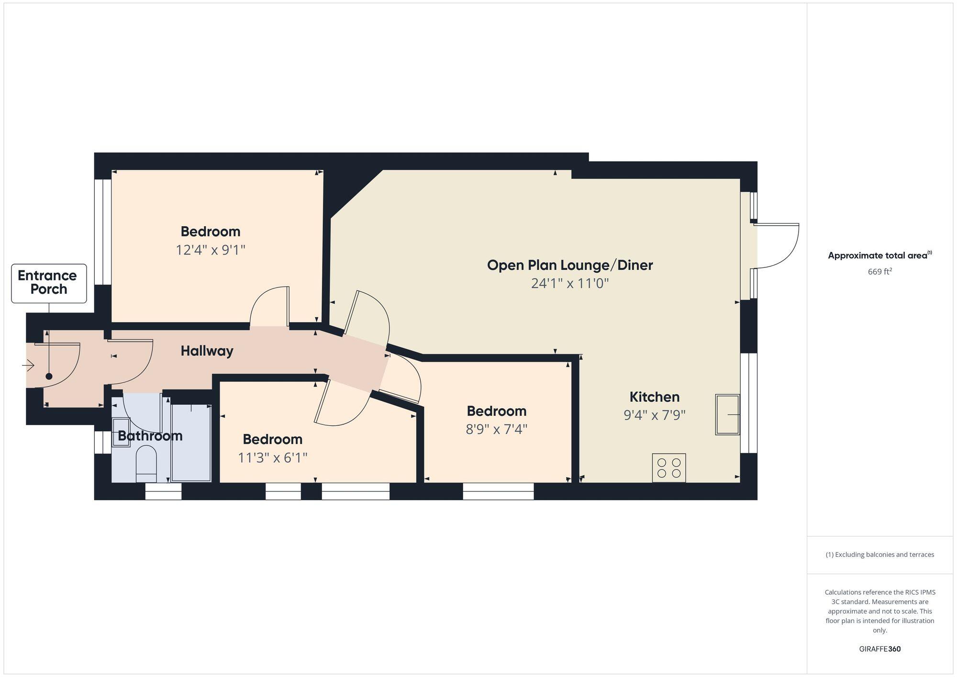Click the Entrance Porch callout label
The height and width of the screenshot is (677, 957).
49,283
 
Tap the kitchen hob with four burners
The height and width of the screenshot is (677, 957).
669,467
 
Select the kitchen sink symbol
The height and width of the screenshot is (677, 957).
727,414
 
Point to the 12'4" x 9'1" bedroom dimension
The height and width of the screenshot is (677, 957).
211,250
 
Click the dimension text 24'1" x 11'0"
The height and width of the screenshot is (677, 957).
569,283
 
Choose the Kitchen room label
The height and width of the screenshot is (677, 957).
654,397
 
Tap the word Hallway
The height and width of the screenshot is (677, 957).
207,351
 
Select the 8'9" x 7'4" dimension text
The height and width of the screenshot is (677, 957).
496,429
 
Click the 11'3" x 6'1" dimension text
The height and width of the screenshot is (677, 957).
272,458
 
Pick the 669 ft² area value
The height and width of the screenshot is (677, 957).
879,272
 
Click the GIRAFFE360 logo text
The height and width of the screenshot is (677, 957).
879,649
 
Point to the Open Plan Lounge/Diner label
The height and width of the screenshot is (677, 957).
569,265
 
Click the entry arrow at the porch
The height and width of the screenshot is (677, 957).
28,366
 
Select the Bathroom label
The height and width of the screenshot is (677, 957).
150,435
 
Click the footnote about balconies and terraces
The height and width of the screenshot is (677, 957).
879,555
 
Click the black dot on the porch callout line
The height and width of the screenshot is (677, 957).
49,377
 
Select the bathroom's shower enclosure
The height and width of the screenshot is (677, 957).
191,443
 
